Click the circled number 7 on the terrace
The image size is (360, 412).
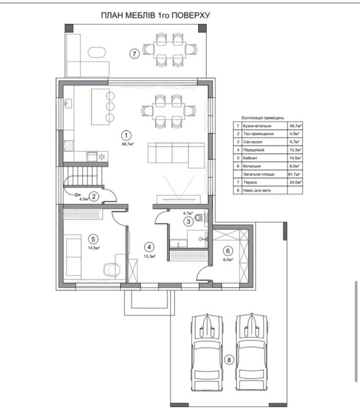point(134,54)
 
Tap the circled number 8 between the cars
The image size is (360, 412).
point(229,360)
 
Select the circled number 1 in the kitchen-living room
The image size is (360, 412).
point(126,135)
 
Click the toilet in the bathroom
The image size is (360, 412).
point(201,218)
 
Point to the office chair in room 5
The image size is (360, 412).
point(112,270)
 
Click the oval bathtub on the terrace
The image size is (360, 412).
point(97,52)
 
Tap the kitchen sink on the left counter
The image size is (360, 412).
point(68,103)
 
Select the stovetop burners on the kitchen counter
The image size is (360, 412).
point(69,146)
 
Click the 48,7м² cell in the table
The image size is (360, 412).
point(295,126)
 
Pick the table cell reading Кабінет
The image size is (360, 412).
point(250,158)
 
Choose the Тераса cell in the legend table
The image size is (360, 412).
point(250,183)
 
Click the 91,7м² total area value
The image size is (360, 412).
point(295,174)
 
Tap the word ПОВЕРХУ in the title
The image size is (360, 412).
point(191,15)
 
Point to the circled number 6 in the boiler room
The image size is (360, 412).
point(228,251)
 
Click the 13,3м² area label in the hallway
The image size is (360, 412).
point(150,256)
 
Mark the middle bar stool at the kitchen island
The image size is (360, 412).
point(110,106)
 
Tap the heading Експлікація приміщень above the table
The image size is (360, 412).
point(263,118)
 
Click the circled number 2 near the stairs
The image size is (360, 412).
point(94,196)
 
